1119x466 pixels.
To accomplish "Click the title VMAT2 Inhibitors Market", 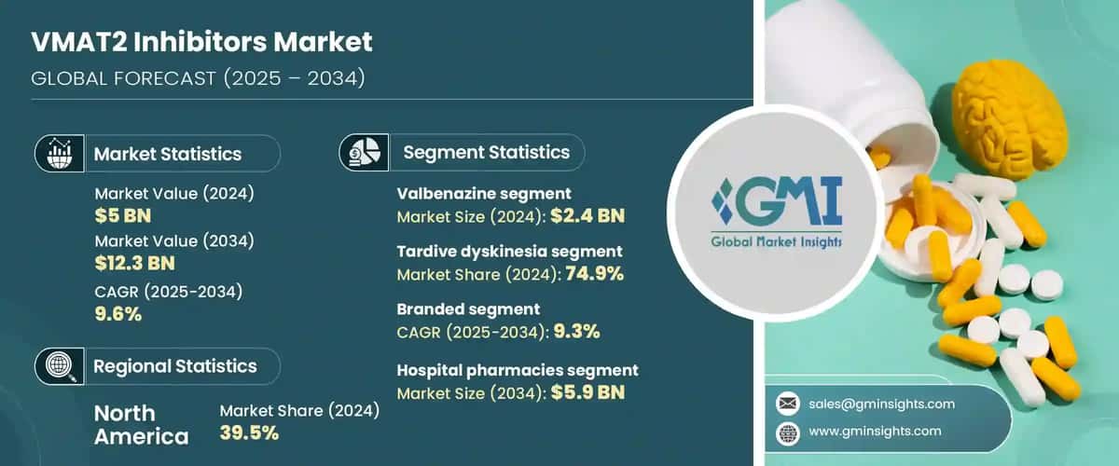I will tap(201, 42).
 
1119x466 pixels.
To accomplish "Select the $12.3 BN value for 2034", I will tap(135, 264).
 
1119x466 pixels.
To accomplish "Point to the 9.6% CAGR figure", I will tap(118, 313).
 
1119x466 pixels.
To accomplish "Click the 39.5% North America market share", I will tap(249, 432).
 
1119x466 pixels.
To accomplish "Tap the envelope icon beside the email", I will tap(788, 404).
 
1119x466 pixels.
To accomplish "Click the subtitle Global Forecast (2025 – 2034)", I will tap(198, 78).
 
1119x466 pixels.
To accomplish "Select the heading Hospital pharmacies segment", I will tap(518, 371).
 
